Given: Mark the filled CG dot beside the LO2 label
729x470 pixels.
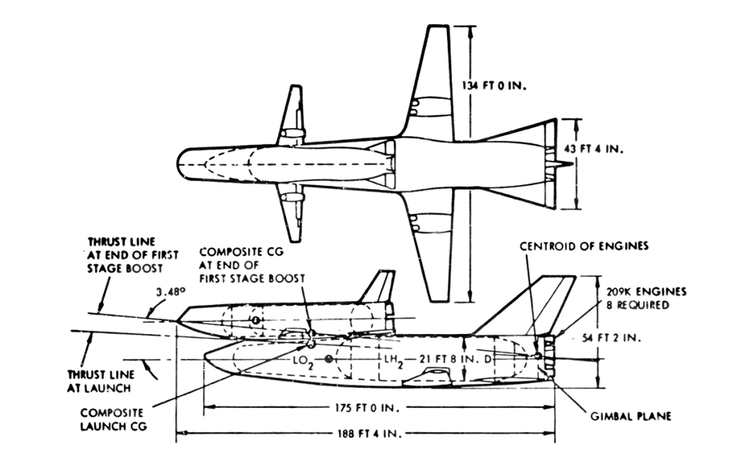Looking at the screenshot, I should pos(328,360).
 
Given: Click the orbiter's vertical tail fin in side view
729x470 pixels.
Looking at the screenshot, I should pos(378,288).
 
